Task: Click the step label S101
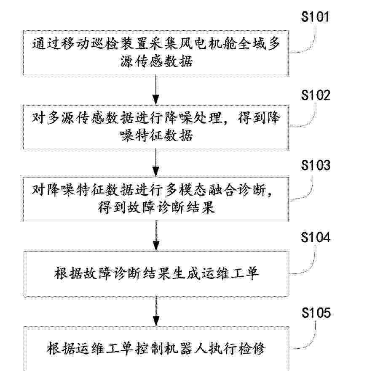(315, 16)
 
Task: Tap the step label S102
(316, 95)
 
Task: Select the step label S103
(316, 165)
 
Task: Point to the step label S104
(316, 237)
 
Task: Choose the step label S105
(316, 313)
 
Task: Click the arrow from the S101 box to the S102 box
(156, 90)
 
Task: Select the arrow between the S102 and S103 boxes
(156, 163)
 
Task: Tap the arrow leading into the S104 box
(156, 236)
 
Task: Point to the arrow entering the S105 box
(156, 311)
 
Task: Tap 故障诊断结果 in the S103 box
(156, 208)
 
